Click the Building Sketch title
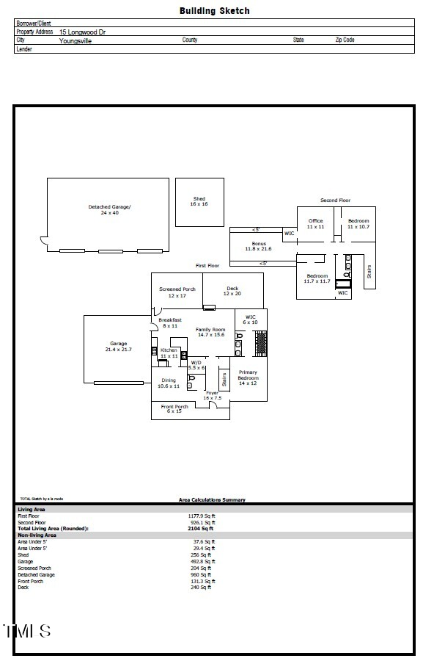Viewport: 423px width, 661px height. (214, 11)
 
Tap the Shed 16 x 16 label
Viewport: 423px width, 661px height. (199, 201)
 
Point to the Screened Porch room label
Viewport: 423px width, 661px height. (177, 292)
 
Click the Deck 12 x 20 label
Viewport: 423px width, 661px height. (232, 292)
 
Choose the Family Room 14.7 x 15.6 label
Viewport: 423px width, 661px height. (210, 332)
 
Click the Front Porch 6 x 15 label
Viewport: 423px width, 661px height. (174, 409)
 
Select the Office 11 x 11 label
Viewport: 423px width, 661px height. (315, 224)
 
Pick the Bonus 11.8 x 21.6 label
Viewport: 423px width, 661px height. (258, 246)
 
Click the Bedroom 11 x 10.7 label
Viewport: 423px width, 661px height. (358, 224)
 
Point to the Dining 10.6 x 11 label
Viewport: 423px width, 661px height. (169, 383)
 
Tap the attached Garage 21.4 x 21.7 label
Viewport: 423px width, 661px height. (118, 347)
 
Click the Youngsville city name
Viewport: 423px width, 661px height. (76, 41)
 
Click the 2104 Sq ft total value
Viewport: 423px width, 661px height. (201, 528)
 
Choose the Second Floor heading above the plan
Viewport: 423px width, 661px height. (335, 200)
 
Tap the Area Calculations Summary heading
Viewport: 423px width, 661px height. (213, 500)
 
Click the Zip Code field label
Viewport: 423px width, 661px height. (345, 40)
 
